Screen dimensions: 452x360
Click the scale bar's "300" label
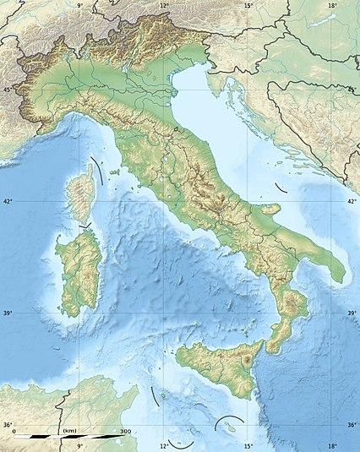point(125,432)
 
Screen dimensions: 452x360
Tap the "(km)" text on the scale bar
point(71,432)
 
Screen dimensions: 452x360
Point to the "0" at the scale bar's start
point(14,432)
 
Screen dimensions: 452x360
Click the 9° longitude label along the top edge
point(80,6)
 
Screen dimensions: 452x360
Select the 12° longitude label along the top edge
point(164,6)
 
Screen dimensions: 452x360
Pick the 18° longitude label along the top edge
point(332,6)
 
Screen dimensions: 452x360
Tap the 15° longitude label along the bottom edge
point(248,445)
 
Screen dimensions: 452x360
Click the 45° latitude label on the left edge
point(8,89)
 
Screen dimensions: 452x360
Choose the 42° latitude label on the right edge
point(352,202)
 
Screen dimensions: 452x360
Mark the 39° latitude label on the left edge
point(8,313)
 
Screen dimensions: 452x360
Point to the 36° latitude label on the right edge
point(352,425)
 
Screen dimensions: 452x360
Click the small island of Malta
point(227,428)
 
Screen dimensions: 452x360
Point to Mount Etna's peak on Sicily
point(245,362)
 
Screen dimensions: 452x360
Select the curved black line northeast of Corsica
point(101,172)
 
